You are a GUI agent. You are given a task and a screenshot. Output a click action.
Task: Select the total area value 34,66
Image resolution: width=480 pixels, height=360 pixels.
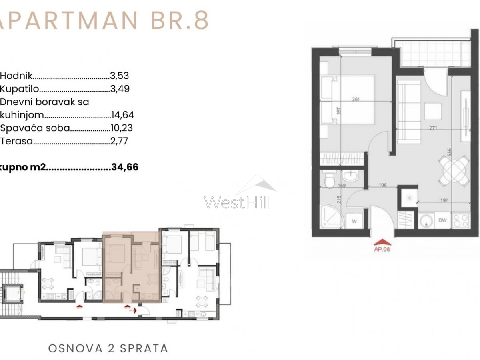(x=125, y=167)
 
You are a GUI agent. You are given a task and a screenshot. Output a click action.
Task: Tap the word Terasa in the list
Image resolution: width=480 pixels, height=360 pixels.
(x=16, y=141)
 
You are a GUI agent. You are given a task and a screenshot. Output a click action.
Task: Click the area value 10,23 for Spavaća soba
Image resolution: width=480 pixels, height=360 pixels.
(x=122, y=128)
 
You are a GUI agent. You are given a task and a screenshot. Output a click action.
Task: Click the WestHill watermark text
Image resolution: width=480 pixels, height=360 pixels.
(x=238, y=202)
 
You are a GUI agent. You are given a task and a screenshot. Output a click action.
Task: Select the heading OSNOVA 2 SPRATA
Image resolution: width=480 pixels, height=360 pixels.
(x=108, y=348)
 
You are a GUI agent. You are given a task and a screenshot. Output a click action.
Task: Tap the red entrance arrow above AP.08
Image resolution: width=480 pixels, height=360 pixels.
(x=382, y=242)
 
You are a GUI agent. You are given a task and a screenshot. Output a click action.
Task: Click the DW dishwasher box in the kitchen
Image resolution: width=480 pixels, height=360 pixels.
(x=442, y=220)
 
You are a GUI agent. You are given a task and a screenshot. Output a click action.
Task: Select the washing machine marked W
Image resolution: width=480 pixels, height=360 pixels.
(x=354, y=220)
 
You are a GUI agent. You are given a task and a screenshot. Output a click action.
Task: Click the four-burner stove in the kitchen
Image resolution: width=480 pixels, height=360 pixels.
(x=460, y=220)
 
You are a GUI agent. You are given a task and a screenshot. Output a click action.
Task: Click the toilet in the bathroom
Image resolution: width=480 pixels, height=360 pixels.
(x=330, y=180)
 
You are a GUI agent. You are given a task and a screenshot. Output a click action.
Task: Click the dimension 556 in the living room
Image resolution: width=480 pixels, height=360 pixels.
(x=450, y=152)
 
